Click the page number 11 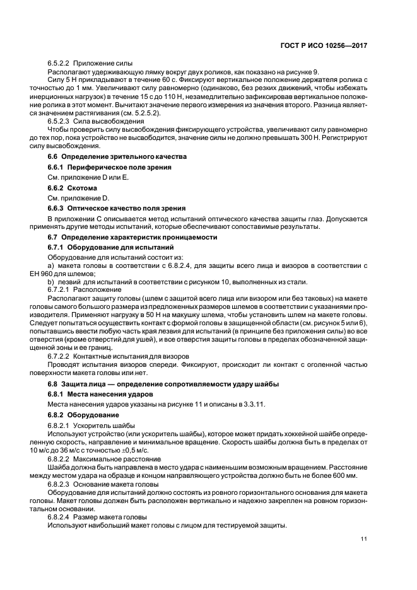pyautogui.click(x=365, y=538)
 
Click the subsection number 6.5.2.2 pyautogui.click(x=59, y=64)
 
